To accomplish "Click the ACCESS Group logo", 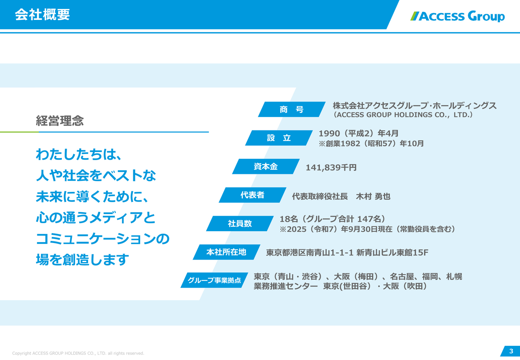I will click(x=457, y=16).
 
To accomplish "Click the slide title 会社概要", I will click(x=42, y=15).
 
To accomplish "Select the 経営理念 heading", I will click(x=60, y=121).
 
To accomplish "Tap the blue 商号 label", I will click(x=291, y=109).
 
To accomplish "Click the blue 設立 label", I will click(x=279, y=138).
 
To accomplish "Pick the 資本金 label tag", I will click(x=266, y=167).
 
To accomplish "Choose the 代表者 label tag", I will click(x=252, y=195).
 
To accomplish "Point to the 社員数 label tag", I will click(x=240, y=223).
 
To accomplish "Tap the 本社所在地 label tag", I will click(x=226, y=252).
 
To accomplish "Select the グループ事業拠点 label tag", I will click(x=214, y=280).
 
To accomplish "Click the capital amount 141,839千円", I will click(x=331, y=167).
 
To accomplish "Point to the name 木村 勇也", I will click(x=373, y=196).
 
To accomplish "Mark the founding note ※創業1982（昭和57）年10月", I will click(x=371, y=143).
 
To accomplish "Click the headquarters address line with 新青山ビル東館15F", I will click(x=347, y=253).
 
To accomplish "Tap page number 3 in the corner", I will click(x=511, y=351).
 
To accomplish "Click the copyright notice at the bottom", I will click(x=78, y=353).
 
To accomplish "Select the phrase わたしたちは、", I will click(x=79, y=154).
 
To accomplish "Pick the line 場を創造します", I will click(x=82, y=260).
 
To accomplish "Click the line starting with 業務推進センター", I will click(x=340, y=286).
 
